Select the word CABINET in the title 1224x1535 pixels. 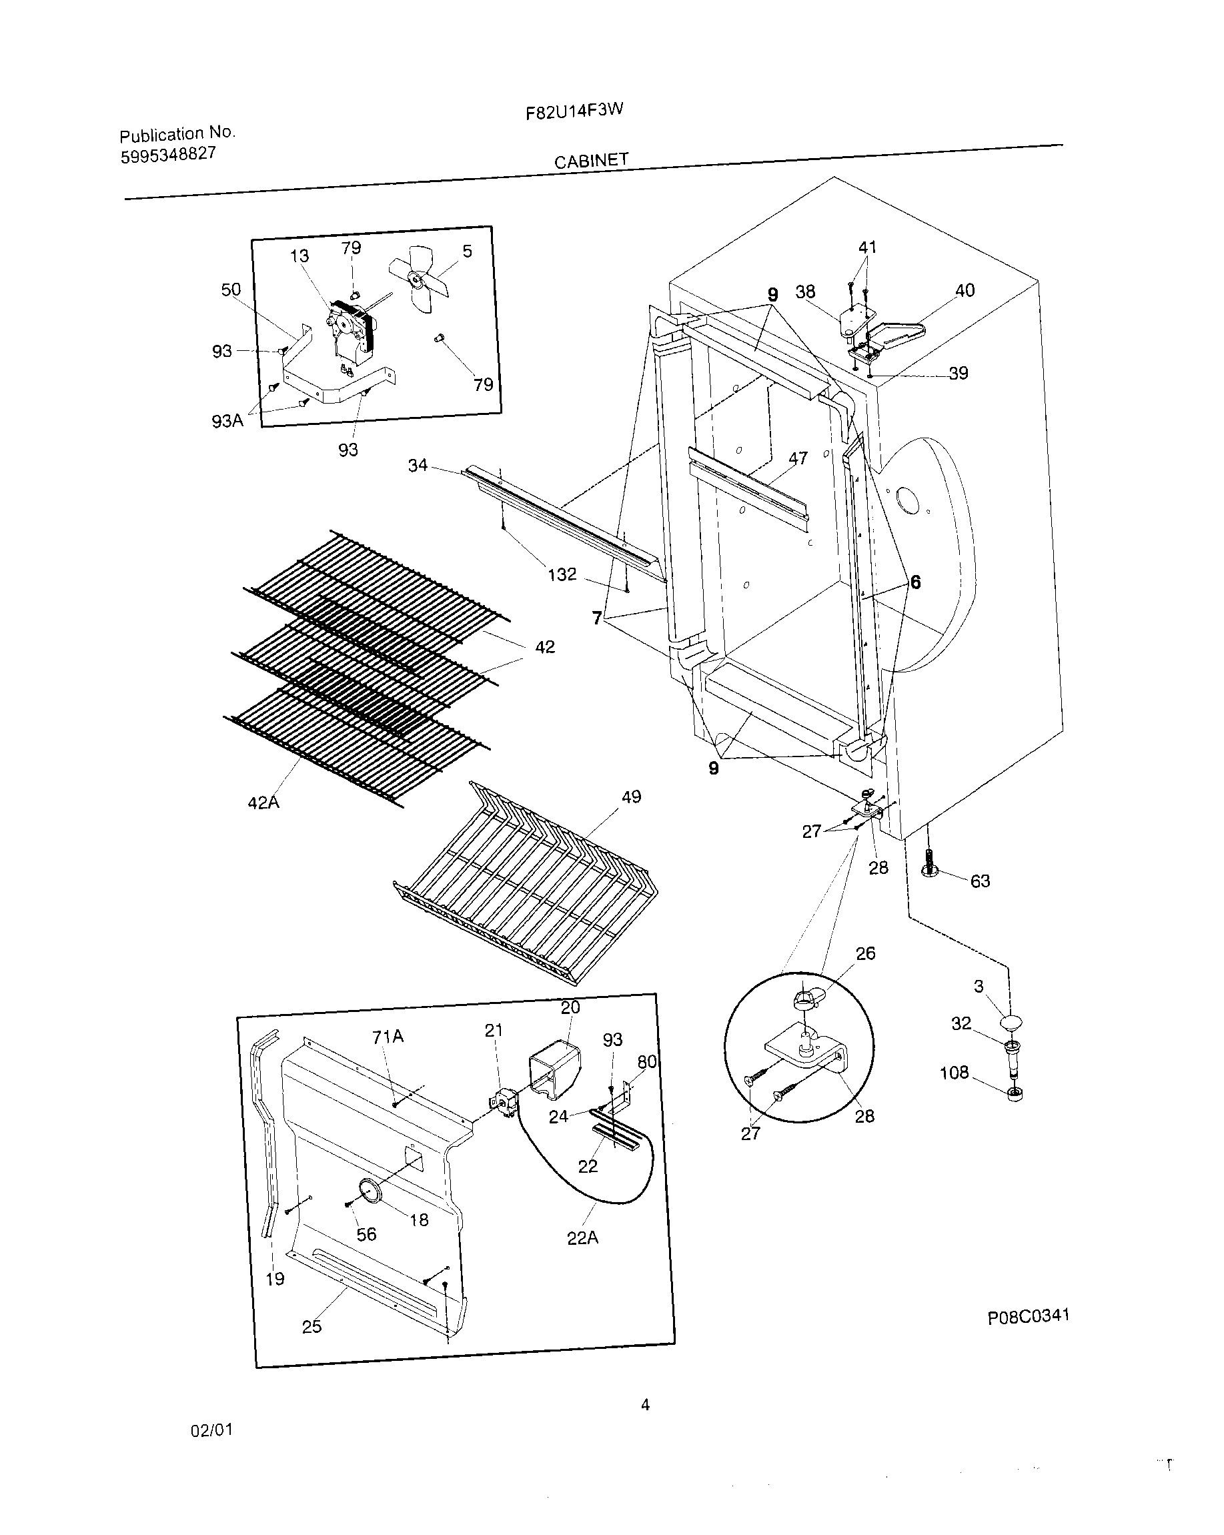[x=591, y=161]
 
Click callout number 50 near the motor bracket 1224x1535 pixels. [x=231, y=290]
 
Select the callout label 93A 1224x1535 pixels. [x=227, y=421]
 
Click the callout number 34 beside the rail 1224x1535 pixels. [x=418, y=465]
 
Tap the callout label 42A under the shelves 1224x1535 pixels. [x=263, y=803]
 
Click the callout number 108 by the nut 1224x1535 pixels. [x=954, y=1072]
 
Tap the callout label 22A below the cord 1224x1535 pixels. [x=582, y=1238]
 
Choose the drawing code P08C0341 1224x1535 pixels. [x=1028, y=1316]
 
